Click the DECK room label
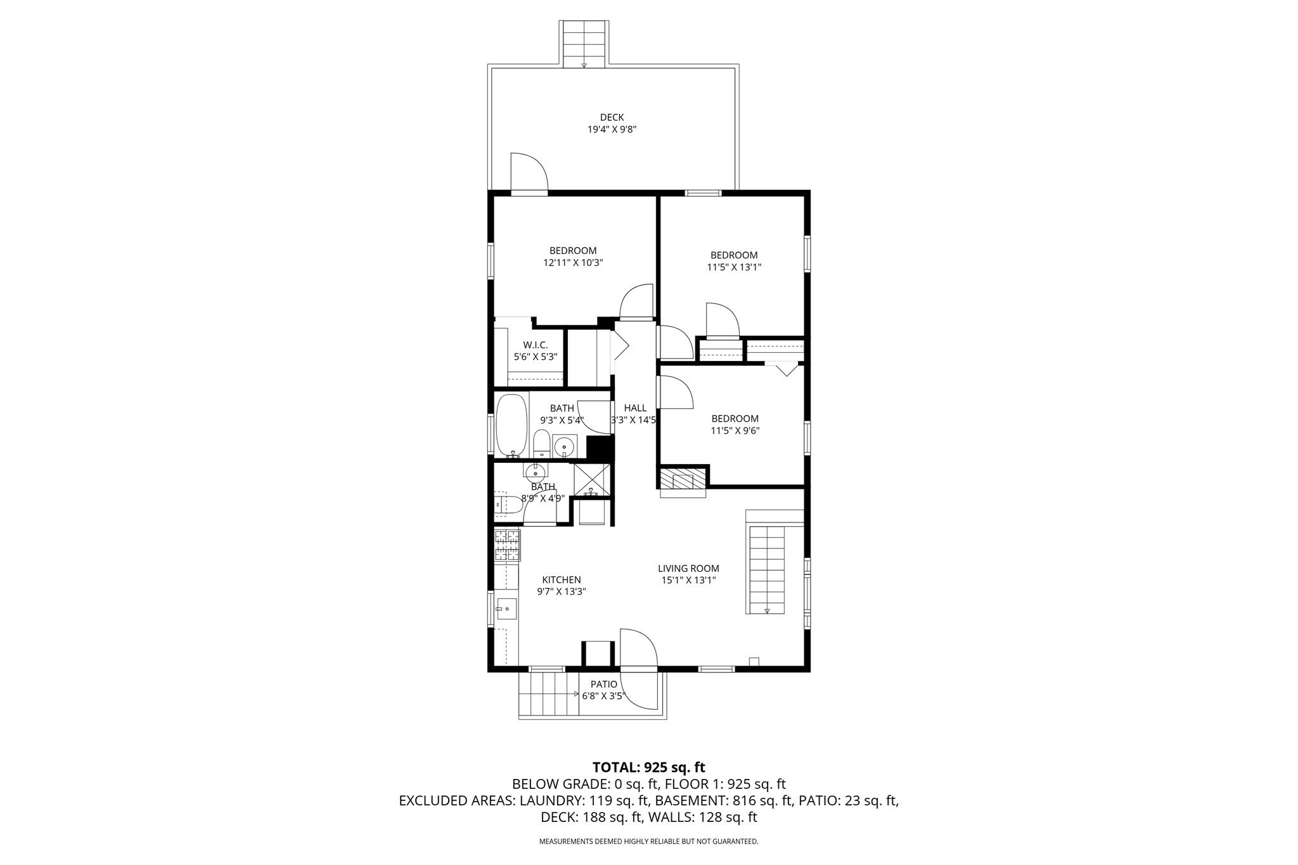[x=612, y=117]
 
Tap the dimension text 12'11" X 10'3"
[x=572, y=262]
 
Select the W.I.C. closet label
[x=535, y=345]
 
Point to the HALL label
[x=635, y=408]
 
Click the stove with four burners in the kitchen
[x=506, y=545]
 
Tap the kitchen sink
[x=506, y=609]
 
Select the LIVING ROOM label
[x=688, y=569]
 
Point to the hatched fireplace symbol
[x=683, y=479]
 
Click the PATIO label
[x=603, y=685]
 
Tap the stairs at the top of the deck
[x=584, y=43]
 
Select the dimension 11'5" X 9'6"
[x=735, y=431]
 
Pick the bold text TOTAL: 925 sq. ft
[x=648, y=767]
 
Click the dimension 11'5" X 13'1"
[x=733, y=267]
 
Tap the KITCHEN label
[x=561, y=580]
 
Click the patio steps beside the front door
[x=549, y=694]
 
